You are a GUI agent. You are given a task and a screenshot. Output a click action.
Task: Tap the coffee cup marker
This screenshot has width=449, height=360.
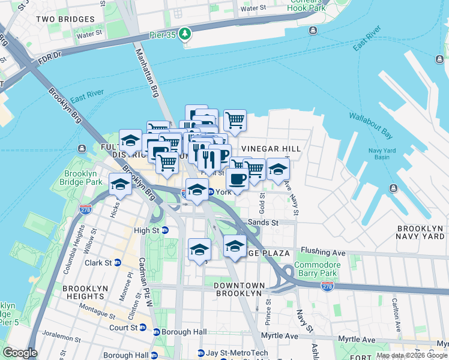click(x=237, y=178)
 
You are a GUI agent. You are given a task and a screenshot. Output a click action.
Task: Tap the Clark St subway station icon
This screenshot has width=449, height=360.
click(x=118, y=263)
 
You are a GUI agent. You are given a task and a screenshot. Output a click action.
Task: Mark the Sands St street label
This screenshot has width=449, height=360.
click(x=266, y=223)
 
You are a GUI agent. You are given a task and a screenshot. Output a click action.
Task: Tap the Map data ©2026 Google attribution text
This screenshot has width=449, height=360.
click(x=412, y=355)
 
